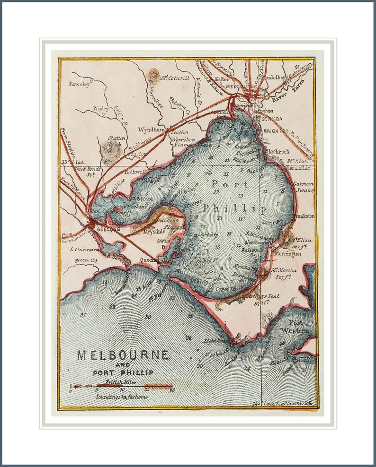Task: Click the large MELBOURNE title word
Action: [123, 355]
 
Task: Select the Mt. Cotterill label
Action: [175, 78]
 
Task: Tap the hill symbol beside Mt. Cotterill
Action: [153, 75]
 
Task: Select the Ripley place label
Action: [101, 109]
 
